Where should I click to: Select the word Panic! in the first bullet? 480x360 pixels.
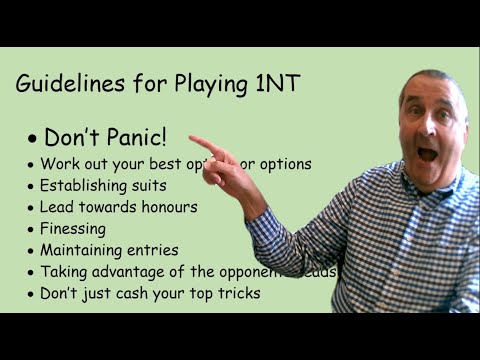pyautogui.click(x=138, y=138)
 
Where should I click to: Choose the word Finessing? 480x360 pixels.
pyautogui.click(x=72, y=229)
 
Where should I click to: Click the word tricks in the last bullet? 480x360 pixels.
pyautogui.click(x=236, y=293)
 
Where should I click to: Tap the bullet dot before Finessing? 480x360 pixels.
pyautogui.click(x=31, y=229)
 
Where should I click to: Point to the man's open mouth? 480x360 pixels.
pyautogui.click(x=427, y=154)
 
